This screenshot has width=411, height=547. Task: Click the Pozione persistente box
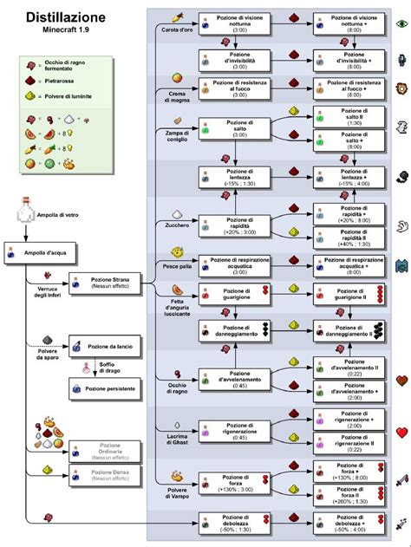click(x=106, y=389)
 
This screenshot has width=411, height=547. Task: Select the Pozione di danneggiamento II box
click(x=350, y=329)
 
